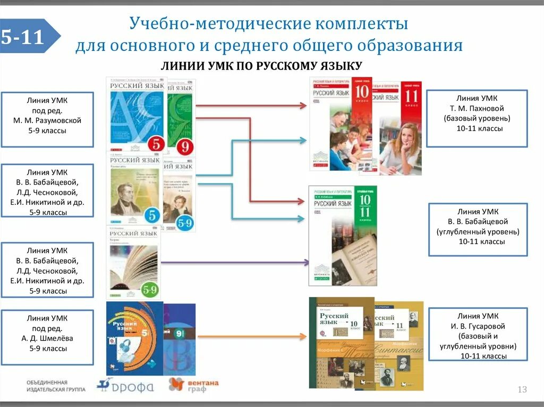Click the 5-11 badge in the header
click(x=27, y=37)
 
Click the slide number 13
click(x=522, y=390)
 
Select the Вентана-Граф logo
click(x=193, y=385)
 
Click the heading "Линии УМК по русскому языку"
click(x=261, y=66)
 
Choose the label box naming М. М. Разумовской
click(x=47, y=119)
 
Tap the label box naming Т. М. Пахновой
click(x=477, y=118)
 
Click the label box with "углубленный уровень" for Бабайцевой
click(x=477, y=229)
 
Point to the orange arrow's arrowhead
click(x=303, y=336)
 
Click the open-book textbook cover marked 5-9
click(x=133, y=262)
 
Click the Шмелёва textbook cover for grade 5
click(x=134, y=338)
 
